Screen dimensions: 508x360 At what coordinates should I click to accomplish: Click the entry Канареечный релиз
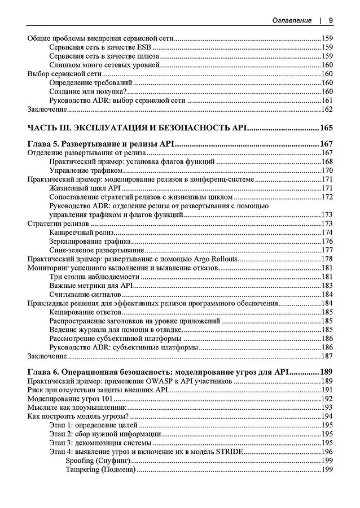pos(82,232)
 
